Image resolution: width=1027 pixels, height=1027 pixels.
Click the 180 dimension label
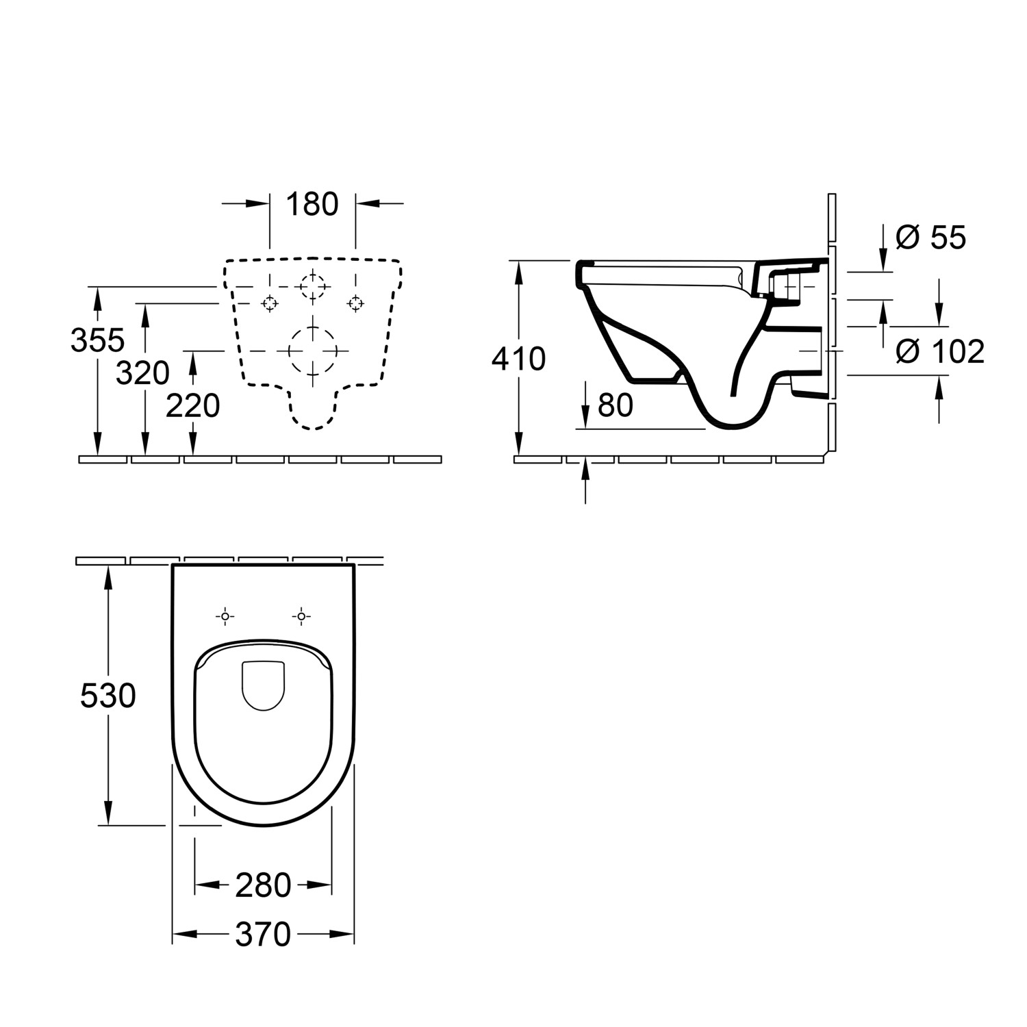[x=312, y=204]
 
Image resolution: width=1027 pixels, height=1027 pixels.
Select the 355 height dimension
[x=98, y=340]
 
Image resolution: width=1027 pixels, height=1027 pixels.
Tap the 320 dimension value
[x=142, y=373]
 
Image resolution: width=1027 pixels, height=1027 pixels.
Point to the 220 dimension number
[x=193, y=406]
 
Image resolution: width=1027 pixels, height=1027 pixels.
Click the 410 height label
[x=518, y=359]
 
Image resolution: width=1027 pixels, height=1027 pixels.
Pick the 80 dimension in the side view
[x=615, y=405]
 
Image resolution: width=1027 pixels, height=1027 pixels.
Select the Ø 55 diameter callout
[x=930, y=238]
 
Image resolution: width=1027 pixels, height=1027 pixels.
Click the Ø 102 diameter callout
[x=940, y=352]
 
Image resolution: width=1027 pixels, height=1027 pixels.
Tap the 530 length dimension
[x=108, y=696]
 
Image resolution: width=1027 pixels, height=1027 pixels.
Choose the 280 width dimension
[x=263, y=886]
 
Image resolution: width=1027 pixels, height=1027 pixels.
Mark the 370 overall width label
[x=263, y=935]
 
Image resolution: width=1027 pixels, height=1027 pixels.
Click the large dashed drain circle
[x=313, y=350]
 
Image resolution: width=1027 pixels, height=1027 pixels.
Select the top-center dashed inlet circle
[x=313, y=287]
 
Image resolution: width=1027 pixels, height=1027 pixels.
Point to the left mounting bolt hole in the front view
[x=270, y=303]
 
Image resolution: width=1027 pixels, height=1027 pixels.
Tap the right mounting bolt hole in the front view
[x=355, y=303]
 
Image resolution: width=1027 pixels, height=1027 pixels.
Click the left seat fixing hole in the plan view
[x=225, y=617]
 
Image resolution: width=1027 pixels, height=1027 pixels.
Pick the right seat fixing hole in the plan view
[x=301, y=617]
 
